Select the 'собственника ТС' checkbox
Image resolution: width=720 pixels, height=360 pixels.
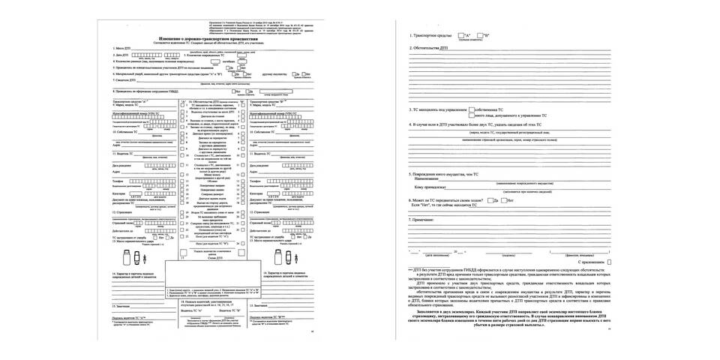pos(475,110)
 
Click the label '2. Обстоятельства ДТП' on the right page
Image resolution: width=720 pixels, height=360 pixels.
pos(430,46)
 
